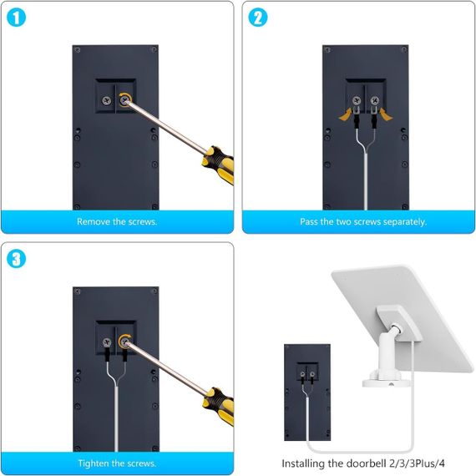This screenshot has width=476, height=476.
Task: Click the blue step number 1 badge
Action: (x=16, y=18)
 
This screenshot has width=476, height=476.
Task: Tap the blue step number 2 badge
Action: (x=258, y=17)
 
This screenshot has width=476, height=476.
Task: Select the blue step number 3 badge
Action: (x=16, y=259)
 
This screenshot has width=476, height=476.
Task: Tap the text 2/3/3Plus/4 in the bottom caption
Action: (x=417, y=463)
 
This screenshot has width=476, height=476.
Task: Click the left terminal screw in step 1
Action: (x=107, y=100)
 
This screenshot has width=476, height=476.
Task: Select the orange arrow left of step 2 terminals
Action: (x=346, y=114)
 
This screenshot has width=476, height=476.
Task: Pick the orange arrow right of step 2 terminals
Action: (x=386, y=114)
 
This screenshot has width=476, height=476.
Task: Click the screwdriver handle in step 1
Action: (x=219, y=165)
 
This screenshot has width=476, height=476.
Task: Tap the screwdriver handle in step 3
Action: (x=219, y=407)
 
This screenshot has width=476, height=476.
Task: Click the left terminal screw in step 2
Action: (x=357, y=100)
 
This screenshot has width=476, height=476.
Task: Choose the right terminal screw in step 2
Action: (x=375, y=100)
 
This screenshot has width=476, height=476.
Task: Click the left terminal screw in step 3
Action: (x=107, y=342)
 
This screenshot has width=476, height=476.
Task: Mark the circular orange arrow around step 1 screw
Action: (x=124, y=99)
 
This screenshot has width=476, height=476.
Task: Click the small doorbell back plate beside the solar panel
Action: (x=307, y=392)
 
